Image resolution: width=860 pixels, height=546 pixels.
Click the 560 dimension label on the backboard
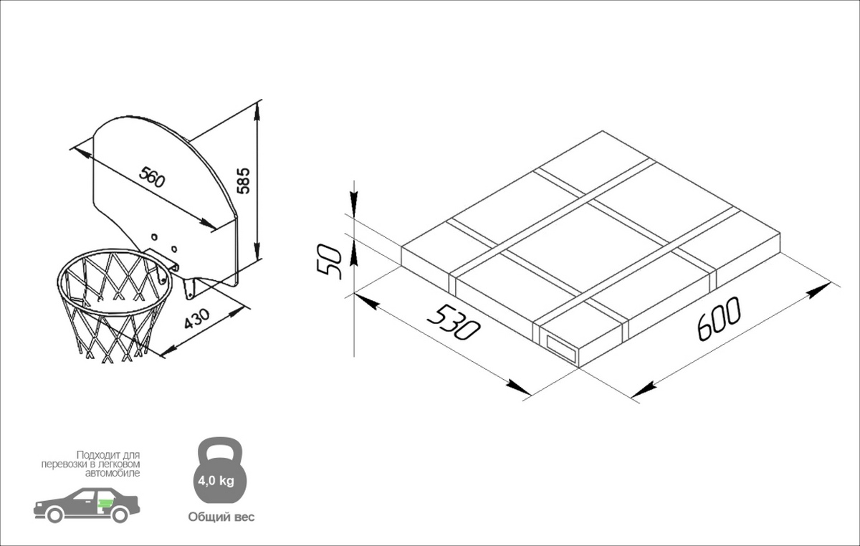pyautogui.click(x=152, y=178)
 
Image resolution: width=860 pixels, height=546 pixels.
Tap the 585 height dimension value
pyautogui.click(x=243, y=181)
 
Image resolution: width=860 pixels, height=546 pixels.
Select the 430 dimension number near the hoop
pyautogui.click(x=197, y=319)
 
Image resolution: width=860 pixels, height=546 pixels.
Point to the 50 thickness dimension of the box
pyautogui.click(x=329, y=262)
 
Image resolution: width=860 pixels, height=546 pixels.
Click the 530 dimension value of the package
pyautogui.click(x=454, y=322)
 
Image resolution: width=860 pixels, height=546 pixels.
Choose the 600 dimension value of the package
pyautogui.click(x=719, y=319)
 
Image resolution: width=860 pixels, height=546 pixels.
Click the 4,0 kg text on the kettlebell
pyautogui.click(x=216, y=481)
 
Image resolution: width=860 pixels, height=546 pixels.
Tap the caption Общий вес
pyautogui.click(x=221, y=517)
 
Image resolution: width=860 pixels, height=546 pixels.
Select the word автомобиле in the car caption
pyautogui.click(x=113, y=473)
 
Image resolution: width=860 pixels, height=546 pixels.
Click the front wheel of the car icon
pyautogui.click(x=54, y=515)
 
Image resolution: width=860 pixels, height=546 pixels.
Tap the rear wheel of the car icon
pyautogui.click(x=120, y=515)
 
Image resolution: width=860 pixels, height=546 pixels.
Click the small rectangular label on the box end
pyautogui.click(x=561, y=350)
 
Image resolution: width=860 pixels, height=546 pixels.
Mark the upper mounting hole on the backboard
pyautogui.click(x=154, y=237)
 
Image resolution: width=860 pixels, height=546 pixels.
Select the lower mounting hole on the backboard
pyautogui.click(x=174, y=249)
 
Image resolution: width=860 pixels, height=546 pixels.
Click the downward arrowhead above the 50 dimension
pyautogui.click(x=354, y=201)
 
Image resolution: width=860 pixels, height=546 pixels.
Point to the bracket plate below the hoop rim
pyautogui.click(x=190, y=289)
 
